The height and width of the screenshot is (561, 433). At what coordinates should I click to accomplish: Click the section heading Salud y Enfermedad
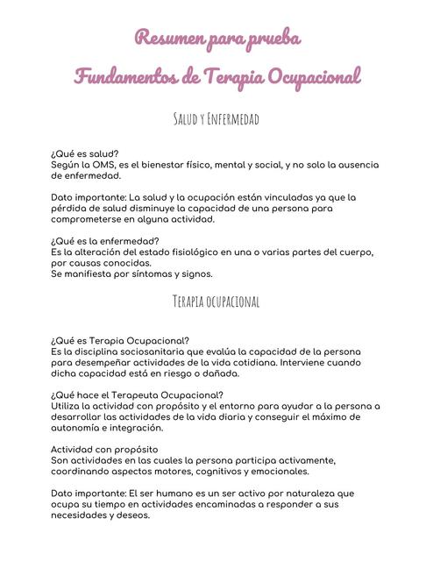tap(216, 117)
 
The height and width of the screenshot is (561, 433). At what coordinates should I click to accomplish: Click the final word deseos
tap(130, 515)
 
